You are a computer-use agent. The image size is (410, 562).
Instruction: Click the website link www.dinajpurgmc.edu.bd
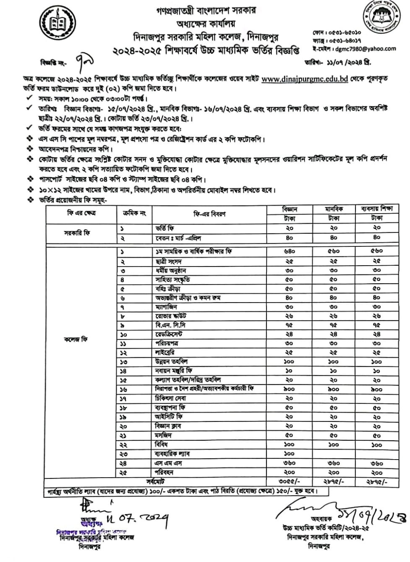(305, 79)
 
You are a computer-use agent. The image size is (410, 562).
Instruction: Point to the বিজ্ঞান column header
(290, 209)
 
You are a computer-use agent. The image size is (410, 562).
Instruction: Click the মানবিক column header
(334, 209)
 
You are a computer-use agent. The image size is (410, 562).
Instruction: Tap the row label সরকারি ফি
(77, 233)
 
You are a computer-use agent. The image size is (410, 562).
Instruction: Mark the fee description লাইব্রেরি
(165, 353)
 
